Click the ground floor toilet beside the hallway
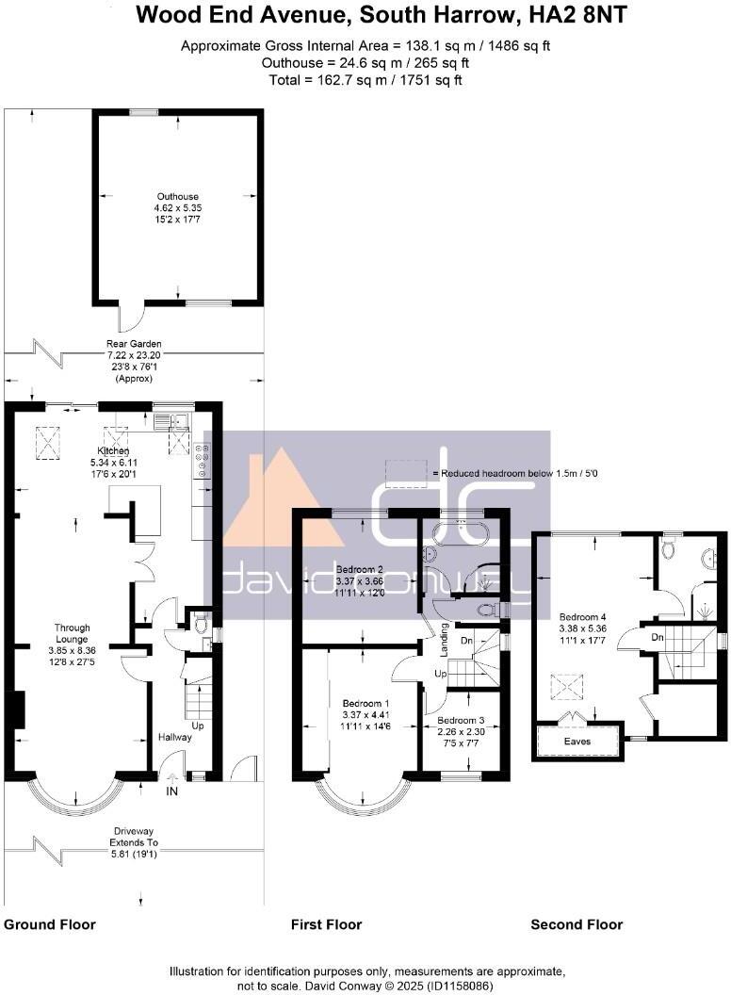(x=200, y=623)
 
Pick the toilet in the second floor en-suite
(x=670, y=546)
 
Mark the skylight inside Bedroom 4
(x=566, y=687)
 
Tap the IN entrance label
(x=172, y=792)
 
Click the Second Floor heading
(x=577, y=924)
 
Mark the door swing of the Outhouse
(x=132, y=314)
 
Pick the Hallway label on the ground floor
(x=174, y=737)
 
